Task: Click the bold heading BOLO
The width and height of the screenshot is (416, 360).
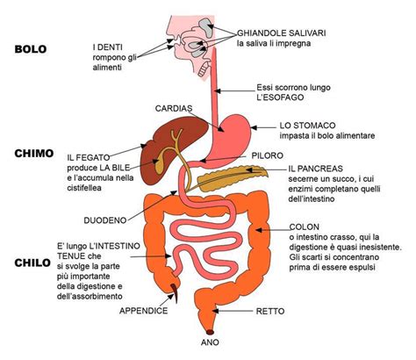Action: pyautogui.click(x=30, y=49)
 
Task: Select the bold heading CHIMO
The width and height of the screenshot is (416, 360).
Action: pyautogui.click(x=34, y=152)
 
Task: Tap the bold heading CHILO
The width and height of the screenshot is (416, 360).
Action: pyautogui.click(x=32, y=262)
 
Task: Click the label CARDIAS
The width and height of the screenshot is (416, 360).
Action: pyautogui.click(x=173, y=108)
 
